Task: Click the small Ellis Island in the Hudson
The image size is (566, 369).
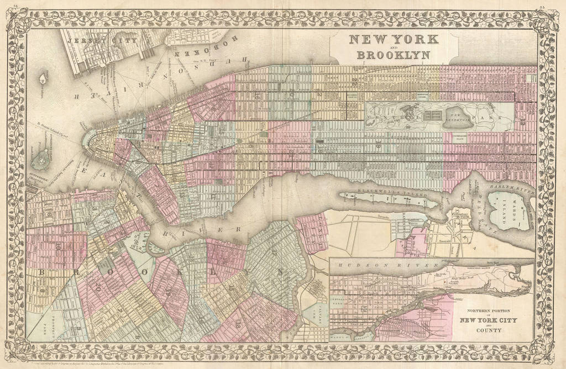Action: (x=43, y=78)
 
